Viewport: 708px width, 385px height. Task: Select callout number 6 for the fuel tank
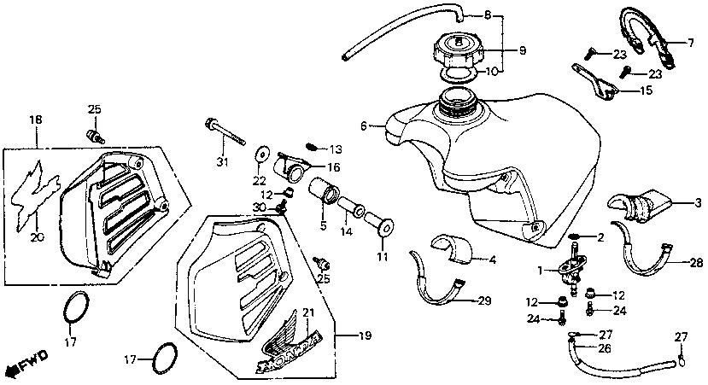[x=364, y=126]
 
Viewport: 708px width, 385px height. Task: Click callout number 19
[x=366, y=337]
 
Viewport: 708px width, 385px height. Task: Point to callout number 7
[x=693, y=41]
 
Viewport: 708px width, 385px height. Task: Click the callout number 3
[x=698, y=203]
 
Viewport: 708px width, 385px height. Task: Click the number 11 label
[x=382, y=256]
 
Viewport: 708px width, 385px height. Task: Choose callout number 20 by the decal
[x=35, y=237]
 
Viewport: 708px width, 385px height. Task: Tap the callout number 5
[x=324, y=227]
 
